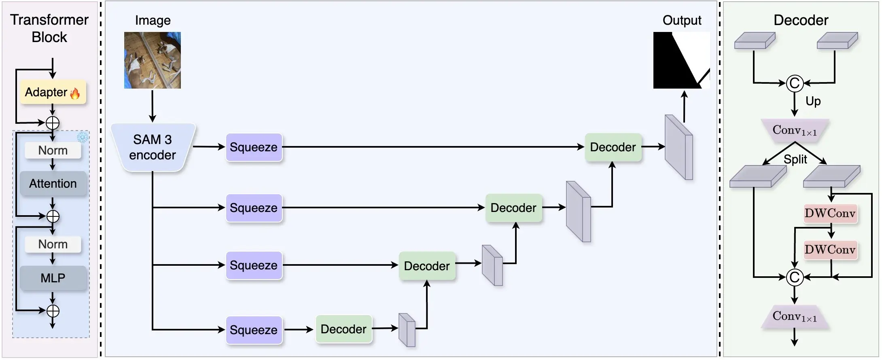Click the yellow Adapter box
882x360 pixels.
(53, 92)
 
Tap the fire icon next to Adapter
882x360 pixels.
(75, 93)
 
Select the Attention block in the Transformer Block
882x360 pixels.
(53, 184)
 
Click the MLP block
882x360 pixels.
(53, 278)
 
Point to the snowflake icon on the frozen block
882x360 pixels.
(83, 138)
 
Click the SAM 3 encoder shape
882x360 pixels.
(153, 147)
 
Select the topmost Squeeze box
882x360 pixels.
(254, 147)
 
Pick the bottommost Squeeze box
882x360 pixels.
(254, 330)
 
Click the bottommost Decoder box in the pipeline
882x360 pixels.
(343, 329)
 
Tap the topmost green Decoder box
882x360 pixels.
(613, 147)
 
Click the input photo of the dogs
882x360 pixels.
(153, 60)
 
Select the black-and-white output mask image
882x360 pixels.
(682, 60)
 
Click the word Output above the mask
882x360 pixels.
(682, 20)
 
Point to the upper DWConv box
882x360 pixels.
(830, 213)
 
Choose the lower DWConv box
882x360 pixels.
(830, 250)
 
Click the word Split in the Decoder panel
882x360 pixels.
(795, 159)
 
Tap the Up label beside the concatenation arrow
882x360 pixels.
(813, 101)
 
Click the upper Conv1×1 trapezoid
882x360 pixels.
(795, 130)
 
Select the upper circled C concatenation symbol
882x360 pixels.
(795, 83)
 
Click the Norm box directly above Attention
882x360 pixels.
(53, 150)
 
